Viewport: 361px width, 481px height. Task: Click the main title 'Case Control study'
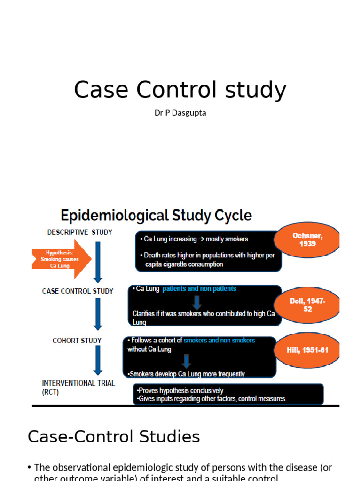pos(180,90)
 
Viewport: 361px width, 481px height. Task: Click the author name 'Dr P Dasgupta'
pos(180,113)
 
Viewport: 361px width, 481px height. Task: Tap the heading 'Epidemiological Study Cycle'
pos(156,216)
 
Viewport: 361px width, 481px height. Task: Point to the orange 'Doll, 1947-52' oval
pos(307,305)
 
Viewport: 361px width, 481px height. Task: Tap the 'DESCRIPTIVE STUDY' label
pos(80,232)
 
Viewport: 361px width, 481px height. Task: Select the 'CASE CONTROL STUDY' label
pos(78,291)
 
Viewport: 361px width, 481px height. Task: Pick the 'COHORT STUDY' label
pos(77,341)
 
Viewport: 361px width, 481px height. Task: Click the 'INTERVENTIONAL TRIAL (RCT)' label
pos(78,388)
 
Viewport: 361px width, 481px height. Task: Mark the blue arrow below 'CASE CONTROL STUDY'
pos(98,313)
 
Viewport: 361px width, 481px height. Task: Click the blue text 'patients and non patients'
pos(199,289)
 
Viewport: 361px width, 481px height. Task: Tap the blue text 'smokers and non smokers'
pos(219,340)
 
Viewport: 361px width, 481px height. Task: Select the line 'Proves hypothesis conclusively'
pos(180,390)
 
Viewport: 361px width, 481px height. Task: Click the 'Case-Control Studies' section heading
pos(114,437)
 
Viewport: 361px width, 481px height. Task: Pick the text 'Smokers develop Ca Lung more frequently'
pos(187,374)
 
